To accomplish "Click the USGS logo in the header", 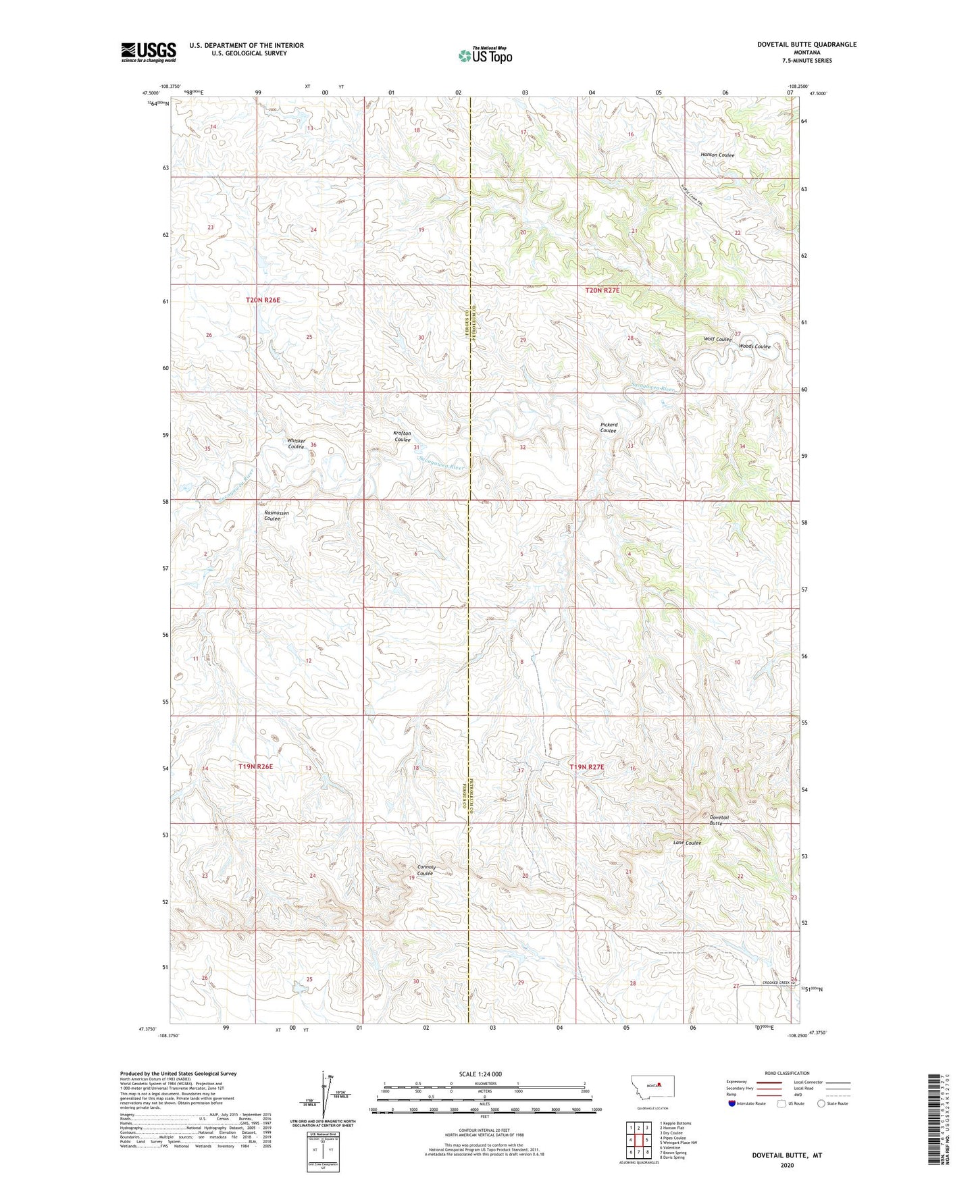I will [x=148, y=52].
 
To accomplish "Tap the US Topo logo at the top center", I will [x=485, y=55].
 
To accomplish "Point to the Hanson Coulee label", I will [x=717, y=155].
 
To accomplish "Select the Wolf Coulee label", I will [x=718, y=340].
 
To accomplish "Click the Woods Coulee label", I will [x=754, y=346].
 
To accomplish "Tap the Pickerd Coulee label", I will [x=609, y=427].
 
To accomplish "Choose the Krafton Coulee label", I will [x=402, y=436].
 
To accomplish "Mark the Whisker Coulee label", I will [x=297, y=444].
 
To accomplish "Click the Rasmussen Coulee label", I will [x=276, y=515].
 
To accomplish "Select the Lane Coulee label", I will [x=687, y=843].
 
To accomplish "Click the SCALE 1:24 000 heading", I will [x=480, y=1074].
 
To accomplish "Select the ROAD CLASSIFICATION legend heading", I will [x=787, y=1073].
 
